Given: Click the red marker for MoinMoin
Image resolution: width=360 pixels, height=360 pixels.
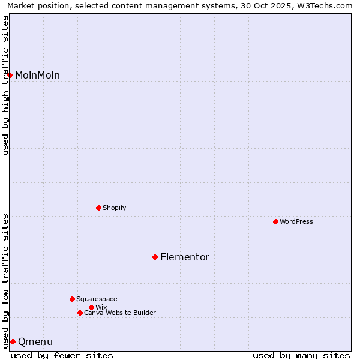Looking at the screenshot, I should (x=10, y=75).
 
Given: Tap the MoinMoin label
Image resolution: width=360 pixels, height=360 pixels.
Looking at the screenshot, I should (x=37, y=75).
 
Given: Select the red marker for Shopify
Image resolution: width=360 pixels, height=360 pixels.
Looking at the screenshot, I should (x=98, y=208).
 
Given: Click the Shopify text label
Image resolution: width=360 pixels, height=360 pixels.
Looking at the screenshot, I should (x=114, y=208).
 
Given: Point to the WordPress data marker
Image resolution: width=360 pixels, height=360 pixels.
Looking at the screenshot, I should (x=275, y=221).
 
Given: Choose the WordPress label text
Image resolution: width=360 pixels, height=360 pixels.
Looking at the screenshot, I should (x=296, y=221).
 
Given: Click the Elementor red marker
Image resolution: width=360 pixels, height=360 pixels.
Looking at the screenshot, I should (x=155, y=257).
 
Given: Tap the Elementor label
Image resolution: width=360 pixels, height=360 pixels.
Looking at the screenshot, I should (x=184, y=257).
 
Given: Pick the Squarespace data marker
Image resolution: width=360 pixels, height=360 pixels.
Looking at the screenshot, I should (x=72, y=299).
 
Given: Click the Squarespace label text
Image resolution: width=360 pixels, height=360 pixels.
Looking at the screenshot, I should (x=97, y=299).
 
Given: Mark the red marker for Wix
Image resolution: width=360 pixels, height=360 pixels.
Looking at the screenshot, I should (x=91, y=307).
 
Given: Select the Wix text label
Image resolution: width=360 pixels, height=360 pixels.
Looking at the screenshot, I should (x=101, y=307).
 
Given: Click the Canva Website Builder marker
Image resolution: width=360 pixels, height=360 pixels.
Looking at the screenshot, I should (x=80, y=313).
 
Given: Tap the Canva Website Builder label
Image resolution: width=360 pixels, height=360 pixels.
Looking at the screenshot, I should (x=120, y=313).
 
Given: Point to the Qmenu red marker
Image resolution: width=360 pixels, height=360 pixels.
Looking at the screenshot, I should (x=13, y=341).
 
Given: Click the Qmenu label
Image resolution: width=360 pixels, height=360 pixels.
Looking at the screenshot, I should (x=35, y=342).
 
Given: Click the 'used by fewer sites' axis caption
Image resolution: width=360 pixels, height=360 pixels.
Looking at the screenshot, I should (x=62, y=355).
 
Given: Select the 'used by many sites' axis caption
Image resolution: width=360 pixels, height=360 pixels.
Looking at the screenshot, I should (x=301, y=355).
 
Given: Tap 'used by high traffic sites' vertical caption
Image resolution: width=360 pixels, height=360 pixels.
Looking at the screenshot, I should (x=5, y=85).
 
